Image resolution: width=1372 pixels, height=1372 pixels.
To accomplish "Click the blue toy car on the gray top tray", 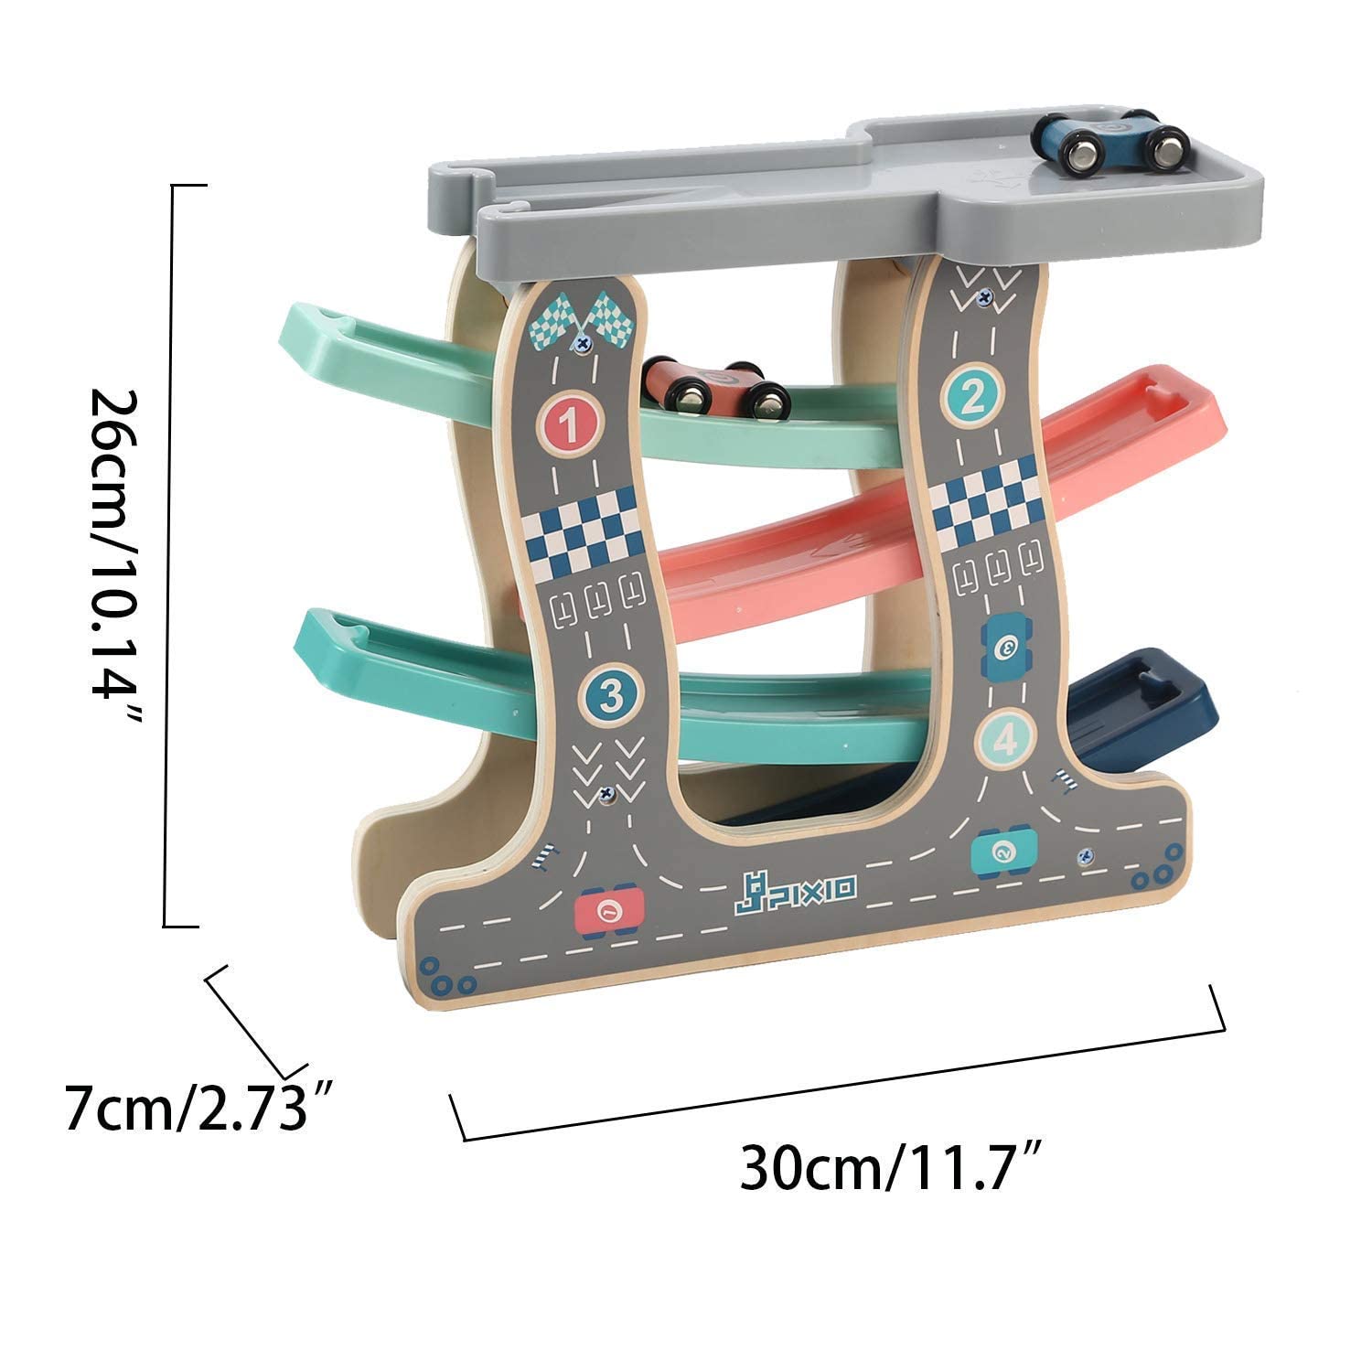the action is tap(1109, 142).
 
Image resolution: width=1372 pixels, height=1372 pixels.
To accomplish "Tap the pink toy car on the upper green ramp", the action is tap(716, 387).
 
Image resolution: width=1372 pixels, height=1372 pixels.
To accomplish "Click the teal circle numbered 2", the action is tap(972, 396).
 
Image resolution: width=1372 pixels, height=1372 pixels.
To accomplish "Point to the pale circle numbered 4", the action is tap(1005, 739).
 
